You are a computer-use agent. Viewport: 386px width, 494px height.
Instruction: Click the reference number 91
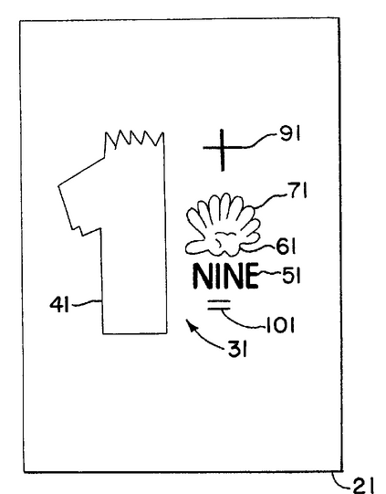click(x=289, y=134)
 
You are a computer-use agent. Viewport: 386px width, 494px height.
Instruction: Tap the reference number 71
click(x=297, y=190)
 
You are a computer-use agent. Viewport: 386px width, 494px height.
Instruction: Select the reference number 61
click(x=286, y=246)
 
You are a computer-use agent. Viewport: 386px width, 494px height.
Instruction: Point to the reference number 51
click(x=291, y=276)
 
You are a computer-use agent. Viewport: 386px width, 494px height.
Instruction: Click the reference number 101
click(x=280, y=325)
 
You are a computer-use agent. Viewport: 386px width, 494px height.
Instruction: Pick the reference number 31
click(x=237, y=349)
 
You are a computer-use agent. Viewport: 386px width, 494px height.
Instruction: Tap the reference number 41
click(x=59, y=305)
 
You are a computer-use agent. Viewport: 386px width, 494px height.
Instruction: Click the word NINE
click(x=225, y=276)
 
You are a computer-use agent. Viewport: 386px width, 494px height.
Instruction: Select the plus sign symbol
click(x=223, y=150)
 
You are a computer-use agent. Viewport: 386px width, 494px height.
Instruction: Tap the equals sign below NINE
click(x=219, y=304)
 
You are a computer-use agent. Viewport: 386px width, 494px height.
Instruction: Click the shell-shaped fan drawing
click(x=224, y=225)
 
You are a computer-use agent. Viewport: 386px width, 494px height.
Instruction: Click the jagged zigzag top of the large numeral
click(x=134, y=139)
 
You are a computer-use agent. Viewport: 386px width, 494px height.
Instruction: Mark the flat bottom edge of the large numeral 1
click(x=135, y=333)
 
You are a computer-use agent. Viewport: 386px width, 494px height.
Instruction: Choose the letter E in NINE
click(x=251, y=277)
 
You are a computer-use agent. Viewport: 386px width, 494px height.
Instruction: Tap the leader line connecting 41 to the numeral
click(x=87, y=303)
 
